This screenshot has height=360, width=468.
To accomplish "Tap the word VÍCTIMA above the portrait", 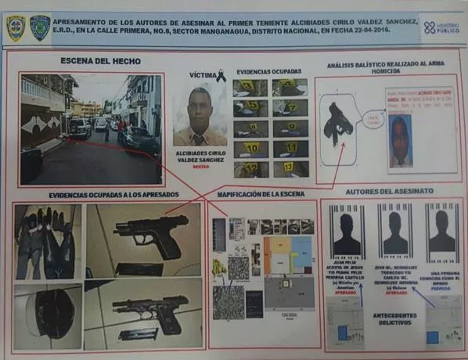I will tap(201, 75).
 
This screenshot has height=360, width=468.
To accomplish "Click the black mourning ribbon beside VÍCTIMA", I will tap(221, 76).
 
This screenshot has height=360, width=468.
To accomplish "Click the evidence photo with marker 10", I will tap(250, 148).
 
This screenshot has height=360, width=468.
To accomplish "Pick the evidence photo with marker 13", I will tap(290, 167).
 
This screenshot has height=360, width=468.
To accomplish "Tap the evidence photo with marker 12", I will tap(250, 167).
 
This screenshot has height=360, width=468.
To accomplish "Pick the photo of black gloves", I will tap(47, 241).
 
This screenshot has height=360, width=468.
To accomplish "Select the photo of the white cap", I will tap(47, 315).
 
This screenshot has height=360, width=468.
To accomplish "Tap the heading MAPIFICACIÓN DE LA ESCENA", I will tap(264, 193).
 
